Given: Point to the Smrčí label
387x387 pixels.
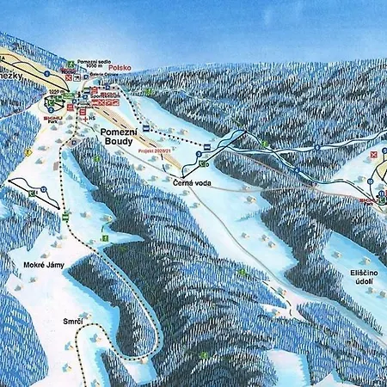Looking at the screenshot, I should point(72,321).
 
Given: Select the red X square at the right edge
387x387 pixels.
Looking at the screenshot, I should point(372,156).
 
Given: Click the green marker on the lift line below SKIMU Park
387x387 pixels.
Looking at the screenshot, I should point(63,216).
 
